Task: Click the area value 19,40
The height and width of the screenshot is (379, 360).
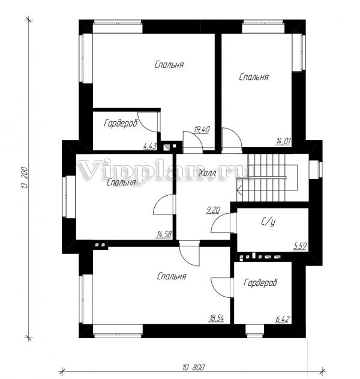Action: tap(202, 130)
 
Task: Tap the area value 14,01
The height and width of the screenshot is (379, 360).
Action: tap(283, 141)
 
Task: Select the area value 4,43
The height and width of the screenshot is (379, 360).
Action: tap(150, 146)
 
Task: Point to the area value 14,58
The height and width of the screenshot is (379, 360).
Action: tap(164, 234)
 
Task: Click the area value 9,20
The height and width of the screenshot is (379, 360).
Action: tap(213, 210)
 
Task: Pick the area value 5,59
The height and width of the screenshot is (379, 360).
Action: tap(300, 246)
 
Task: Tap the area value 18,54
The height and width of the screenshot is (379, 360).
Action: tap(217, 318)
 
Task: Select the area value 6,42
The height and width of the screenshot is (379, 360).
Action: tap(283, 320)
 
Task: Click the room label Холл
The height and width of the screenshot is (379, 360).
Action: tap(207, 173)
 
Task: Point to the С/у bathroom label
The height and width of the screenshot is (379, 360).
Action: tap(269, 222)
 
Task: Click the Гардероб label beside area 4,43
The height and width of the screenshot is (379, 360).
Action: tap(121, 123)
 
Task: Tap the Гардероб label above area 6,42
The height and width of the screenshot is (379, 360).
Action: tap(260, 282)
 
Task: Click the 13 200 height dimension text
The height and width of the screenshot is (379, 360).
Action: tap(26, 178)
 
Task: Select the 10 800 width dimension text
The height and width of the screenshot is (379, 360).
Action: tap(194, 368)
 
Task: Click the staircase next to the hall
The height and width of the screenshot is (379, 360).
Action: tap(267, 178)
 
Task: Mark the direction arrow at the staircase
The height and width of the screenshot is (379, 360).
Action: tap(240, 189)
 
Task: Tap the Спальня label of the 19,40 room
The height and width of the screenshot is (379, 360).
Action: tap(169, 65)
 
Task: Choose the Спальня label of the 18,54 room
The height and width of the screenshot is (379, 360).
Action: tap(172, 276)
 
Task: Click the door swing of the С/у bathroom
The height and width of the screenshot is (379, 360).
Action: tap(221, 223)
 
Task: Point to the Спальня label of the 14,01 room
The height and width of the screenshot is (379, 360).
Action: tap(254, 77)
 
